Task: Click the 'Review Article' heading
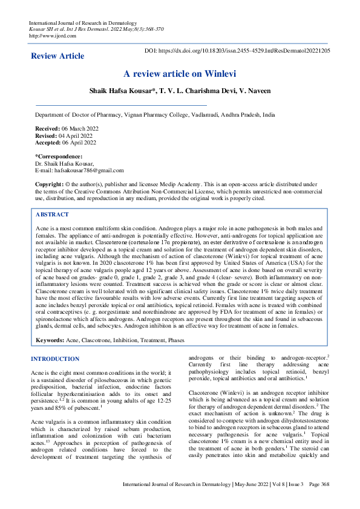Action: (57, 56)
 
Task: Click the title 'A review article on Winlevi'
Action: (180, 74)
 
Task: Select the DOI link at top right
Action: (237, 51)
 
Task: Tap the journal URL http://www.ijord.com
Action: (53, 35)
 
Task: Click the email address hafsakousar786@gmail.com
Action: (88, 170)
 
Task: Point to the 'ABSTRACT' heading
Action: (52, 215)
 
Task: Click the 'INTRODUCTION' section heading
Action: (55, 359)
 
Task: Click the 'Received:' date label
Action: (48, 129)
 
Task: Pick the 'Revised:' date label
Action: (46, 136)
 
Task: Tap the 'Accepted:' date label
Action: (48, 143)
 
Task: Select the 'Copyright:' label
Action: (49, 184)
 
